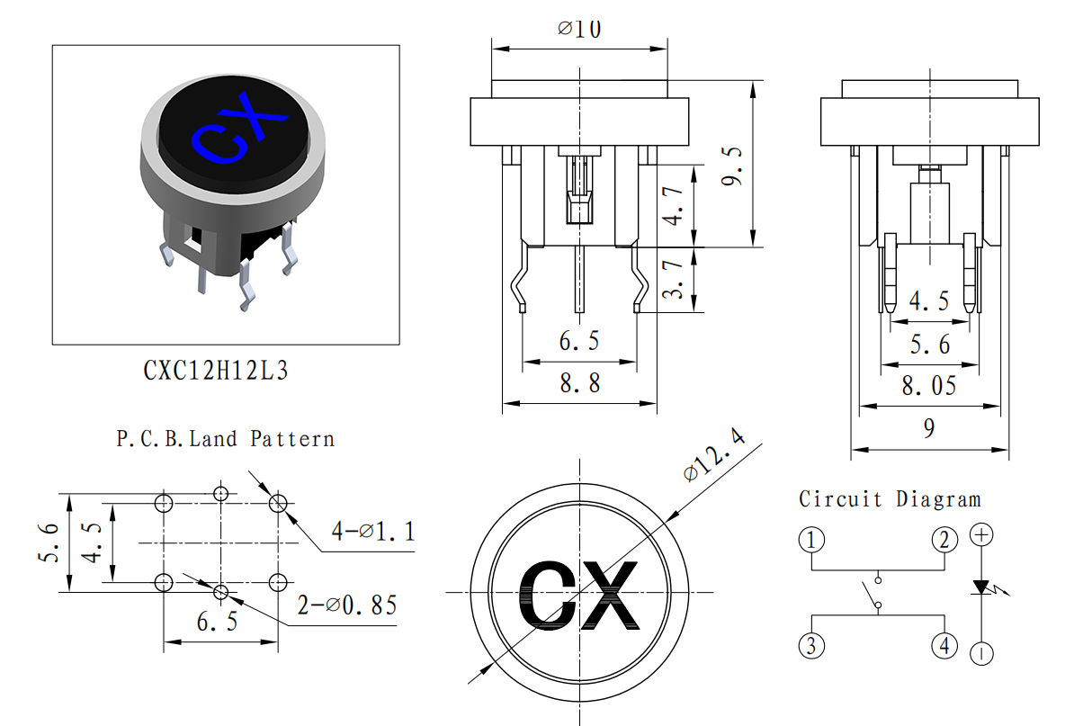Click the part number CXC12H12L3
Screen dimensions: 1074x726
pyautogui.click(x=216, y=371)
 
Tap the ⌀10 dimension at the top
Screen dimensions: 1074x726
pyautogui.click(x=579, y=29)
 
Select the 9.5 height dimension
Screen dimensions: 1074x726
pyautogui.click(x=733, y=166)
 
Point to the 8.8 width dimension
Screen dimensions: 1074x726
pyautogui.click(x=580, y=383)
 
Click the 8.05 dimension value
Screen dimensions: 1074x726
pyautogui.click(x=929, y=386)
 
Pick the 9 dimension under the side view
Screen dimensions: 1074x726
pyautogui.click(x=929, y=428)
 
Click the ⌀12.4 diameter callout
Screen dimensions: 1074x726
pyautogui.click(x=714, y=455)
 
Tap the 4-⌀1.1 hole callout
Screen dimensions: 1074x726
pyautogui.click(x=373, y=531)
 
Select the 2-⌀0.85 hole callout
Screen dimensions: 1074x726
pyautogui.click(x=347, y=605)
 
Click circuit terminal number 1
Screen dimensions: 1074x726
pyautogui.click(x=811, y=540)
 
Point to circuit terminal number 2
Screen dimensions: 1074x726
pyautogui.click(x=944, y=540)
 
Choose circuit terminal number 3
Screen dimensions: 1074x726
pyautogui.click(x=811, y=645)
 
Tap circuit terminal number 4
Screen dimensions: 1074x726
pyautogui.click(x=944, y=645)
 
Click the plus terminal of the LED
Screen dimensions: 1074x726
pyautogui.click(x=981, y=534)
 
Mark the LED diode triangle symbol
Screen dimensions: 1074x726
pyautogui.click(x=982, y=587)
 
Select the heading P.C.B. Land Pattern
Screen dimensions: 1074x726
pyautogui.click(x=226, y=438)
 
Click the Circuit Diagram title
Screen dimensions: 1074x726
pyautogui.click(x=890, y=498)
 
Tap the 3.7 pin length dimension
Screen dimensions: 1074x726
pyautogui.click(x=674, y=280)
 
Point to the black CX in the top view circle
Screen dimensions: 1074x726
pyautogui.click(x=579, y=595)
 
